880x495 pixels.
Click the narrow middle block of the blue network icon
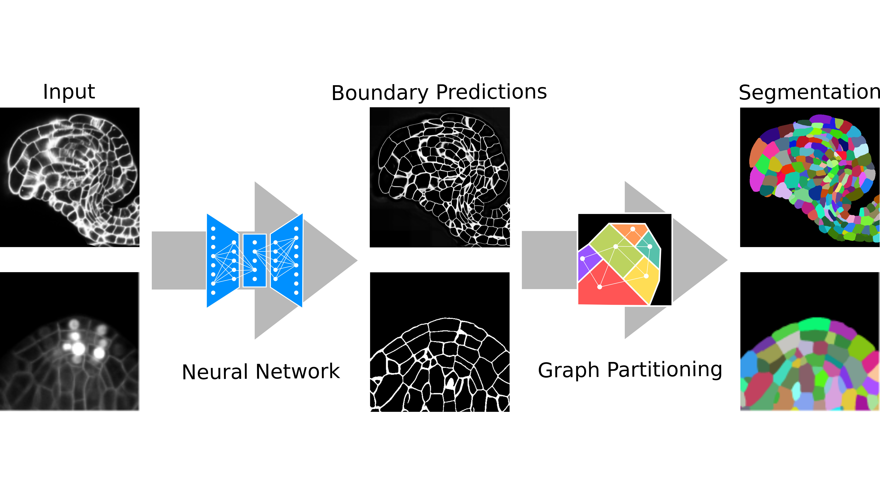coord(254,260)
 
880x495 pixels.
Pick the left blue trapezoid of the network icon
coord(220,260)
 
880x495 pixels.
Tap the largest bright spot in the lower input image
coord(79,349)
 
